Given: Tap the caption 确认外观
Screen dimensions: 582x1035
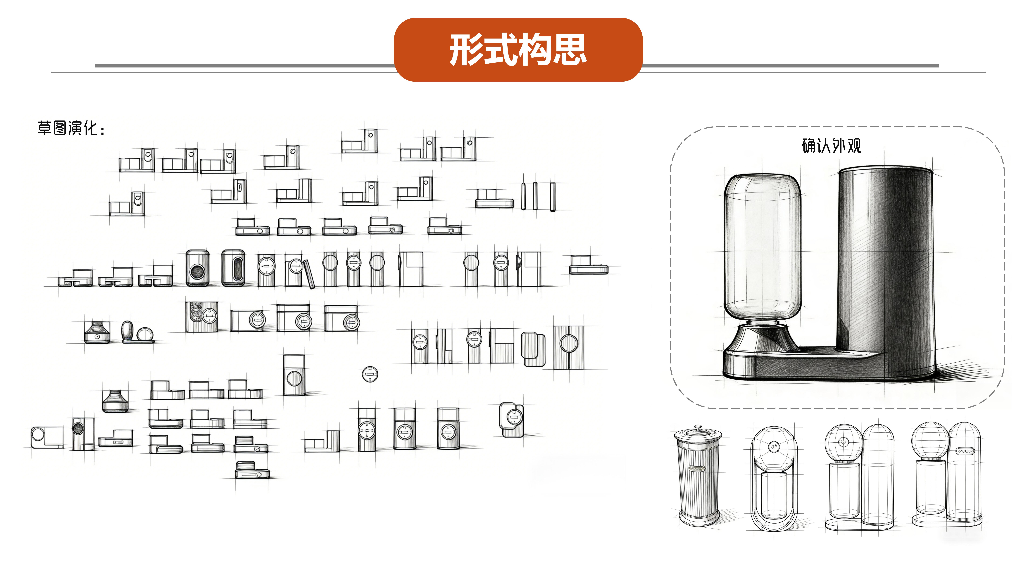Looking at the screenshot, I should (831, 145).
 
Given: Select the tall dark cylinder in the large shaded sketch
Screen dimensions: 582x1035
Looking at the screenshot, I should (886, 265).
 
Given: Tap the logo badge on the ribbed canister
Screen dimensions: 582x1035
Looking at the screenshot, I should (697, 468).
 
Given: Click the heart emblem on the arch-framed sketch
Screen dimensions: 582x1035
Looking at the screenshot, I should (773, 447).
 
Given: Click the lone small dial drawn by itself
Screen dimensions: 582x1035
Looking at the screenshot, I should (370, 374).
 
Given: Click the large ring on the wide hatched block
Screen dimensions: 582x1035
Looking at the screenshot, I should (569, 343).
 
